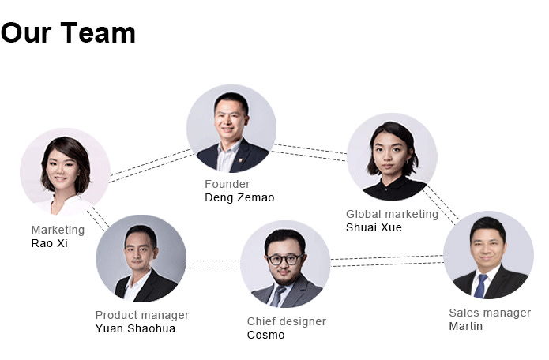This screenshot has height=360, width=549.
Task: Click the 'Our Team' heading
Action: click(x=68, y=33)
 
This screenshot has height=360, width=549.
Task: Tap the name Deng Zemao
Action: click(x=239, y=197)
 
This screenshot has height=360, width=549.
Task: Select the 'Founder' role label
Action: click(x=227, y=184)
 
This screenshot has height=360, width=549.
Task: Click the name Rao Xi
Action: click(x=49, y=243)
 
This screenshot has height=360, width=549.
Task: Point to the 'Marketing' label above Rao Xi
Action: click(x=58, y=230)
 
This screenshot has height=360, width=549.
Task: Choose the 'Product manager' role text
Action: click(x=142, y=315)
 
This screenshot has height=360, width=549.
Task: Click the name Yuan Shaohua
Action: click(x=135, y=328)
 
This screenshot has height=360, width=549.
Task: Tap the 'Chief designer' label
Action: click(x=287, y=321)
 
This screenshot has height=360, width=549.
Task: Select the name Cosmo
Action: click(x=265, y=335)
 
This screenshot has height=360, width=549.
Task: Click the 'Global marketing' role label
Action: click(x=392, y=214)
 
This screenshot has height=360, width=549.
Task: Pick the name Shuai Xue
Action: click(x=374, y=227)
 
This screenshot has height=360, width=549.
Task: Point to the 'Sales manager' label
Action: click(x=490, y=313)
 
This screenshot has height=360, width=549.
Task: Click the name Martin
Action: click(x=466, y=326)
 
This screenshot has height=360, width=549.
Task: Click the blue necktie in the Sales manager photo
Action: click(x=480, y=286)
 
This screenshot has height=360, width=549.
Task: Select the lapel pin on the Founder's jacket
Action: click(x=240, y=160)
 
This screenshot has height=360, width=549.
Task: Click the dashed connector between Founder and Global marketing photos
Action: click(x=309, y=152)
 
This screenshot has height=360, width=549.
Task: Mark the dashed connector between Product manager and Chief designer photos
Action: click(x=213, y=264)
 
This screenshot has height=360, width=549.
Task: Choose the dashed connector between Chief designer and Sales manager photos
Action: click(x=387, y=261)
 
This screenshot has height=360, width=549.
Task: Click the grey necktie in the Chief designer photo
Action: click(x=277, y=296)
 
